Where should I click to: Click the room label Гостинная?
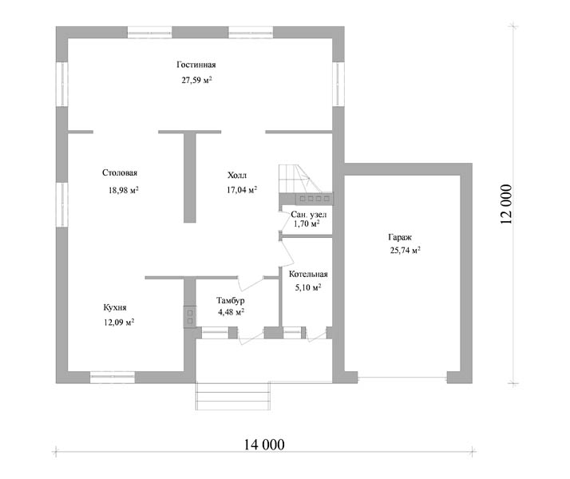click(196, 65)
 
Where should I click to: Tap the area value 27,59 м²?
click(196, 80)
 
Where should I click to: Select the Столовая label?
click(120, 172)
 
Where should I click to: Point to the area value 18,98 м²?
click(123, 190)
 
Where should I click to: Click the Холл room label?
click(237, 175)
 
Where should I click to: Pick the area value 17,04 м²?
click(242, 189)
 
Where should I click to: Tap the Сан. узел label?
click(309, 215)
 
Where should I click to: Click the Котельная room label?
click(308, 274)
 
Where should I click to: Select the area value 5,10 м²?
click(308, 287)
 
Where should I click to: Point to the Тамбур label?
click(231, 300)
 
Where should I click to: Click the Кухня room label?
click(115, 307)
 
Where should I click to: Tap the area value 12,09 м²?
click(119, 322)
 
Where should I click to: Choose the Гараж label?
click(400, 237)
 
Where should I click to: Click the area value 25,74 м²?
click(406, 250)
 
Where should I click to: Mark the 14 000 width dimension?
click(264, 445)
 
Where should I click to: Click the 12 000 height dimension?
click(506, 204)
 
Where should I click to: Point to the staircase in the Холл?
click(306, 179)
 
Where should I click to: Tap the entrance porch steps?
click(233, 396)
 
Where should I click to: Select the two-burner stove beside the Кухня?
click(189, 317)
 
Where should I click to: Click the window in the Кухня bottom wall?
click(113, 378)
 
